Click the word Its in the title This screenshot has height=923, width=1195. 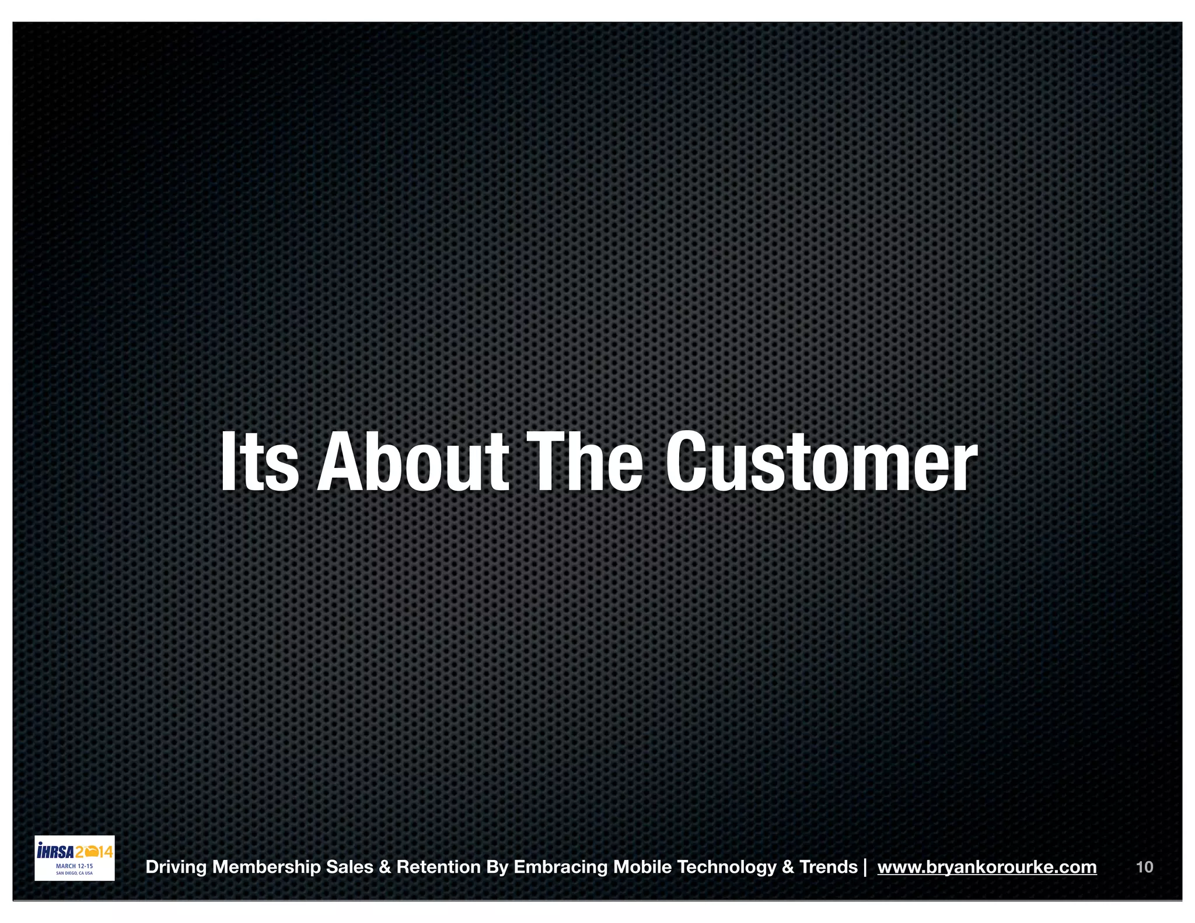259,462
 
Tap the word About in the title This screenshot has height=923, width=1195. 413,462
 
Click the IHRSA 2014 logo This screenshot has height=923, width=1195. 75,857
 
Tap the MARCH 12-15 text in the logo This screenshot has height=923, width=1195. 74,866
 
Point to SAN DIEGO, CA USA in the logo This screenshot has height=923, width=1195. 74,873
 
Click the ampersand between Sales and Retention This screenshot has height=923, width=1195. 385,867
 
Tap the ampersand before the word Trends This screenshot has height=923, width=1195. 788,867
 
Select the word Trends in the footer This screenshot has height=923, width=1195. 829,867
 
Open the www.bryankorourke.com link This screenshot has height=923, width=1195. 987,867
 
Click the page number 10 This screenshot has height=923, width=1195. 1144,867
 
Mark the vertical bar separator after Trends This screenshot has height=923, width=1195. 865,867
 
